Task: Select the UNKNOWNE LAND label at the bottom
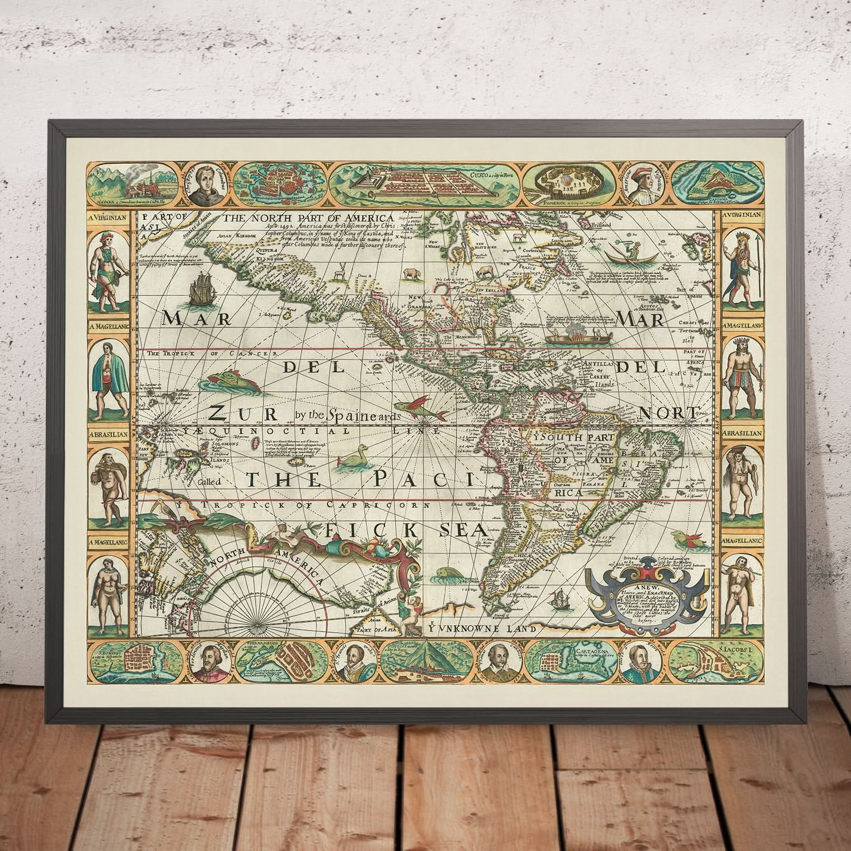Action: [x=480, y=629]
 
